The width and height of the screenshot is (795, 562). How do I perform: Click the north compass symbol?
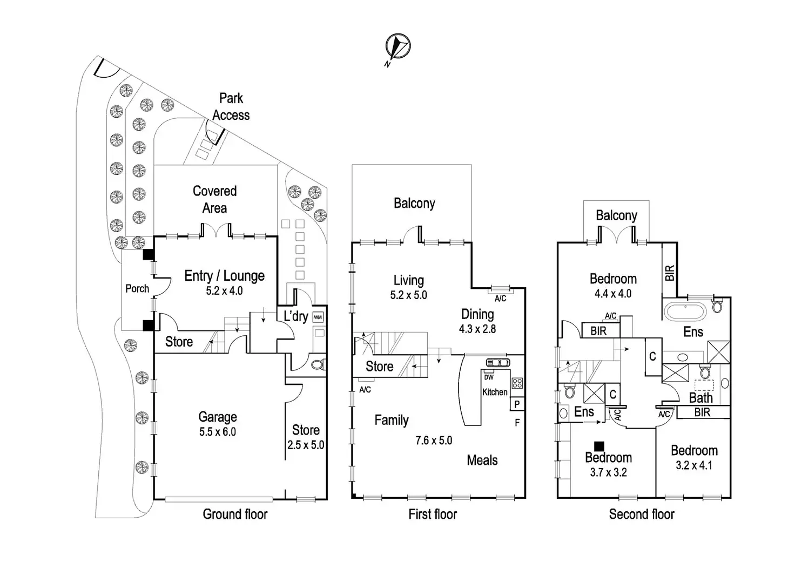[x=398, y=46]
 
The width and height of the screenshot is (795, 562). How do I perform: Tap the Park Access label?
[x=231, y=107]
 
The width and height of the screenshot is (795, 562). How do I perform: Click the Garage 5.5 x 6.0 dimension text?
[x=217, y=432]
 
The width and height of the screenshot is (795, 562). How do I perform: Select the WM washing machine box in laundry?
[x=318, y=317]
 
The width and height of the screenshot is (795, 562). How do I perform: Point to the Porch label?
[x=137, y=289]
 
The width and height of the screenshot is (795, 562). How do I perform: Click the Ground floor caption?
[x=235, y=514]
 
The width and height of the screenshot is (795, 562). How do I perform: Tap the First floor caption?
[x=433, y=514]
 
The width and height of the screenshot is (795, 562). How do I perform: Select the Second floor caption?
[x=642, y=514]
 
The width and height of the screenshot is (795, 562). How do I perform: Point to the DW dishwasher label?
[x=488, y=377]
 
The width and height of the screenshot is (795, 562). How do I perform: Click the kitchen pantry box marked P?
[x=517, y=404]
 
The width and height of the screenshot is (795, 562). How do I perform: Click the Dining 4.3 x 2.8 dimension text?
[x=477, y=329]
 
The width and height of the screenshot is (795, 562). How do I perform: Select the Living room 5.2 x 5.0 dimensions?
[x=408, y=295]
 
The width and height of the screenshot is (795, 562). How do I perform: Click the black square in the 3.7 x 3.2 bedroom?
[x=598, y=446]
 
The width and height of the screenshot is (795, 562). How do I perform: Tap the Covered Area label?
[x=214, y=199]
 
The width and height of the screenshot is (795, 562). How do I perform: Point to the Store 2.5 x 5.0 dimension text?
[x=306, y=445]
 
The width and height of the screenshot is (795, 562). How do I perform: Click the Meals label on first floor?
[x=482, y=461]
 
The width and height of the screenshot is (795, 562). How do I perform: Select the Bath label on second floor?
[x=700, y=398]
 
